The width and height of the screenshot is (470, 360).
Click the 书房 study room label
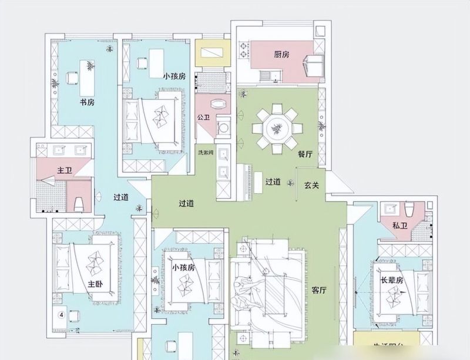coord(87,102)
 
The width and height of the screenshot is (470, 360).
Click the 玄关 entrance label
coord(311,185)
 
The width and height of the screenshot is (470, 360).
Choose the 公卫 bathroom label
coord(204,118)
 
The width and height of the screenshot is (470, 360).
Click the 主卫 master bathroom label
coord(64,171)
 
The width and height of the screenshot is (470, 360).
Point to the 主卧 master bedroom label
coord(95,284)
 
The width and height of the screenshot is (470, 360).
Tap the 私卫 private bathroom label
coord(399,226)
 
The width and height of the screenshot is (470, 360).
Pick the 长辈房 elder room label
coord(392,281)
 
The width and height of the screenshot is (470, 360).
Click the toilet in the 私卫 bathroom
coord(411,208)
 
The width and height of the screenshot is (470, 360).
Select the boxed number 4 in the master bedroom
coord(61,314)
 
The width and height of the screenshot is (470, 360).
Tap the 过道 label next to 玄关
coord(273,182)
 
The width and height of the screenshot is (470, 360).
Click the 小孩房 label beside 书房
coord(174,76)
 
